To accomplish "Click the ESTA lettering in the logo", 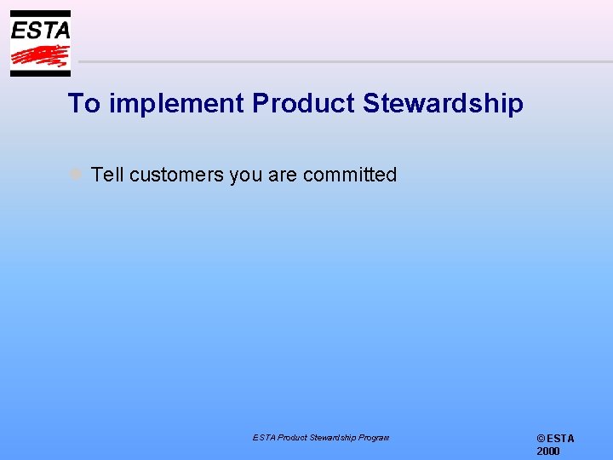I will [40, 30].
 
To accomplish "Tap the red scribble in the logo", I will [40, 56].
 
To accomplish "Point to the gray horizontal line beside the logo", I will [341, 61].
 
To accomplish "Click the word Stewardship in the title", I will [443, 104].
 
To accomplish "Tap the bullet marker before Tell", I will [76, 175].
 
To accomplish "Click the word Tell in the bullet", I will [107, 175].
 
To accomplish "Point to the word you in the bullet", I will [246, 175].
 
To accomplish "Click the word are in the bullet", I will [283, 175].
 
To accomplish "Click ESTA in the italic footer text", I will [263, 438].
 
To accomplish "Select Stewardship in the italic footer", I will [334, 438].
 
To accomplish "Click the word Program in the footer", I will [374, 438].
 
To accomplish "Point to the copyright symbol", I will [541, 439].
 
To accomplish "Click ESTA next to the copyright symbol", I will [561, 439].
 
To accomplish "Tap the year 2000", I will [548, 451].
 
